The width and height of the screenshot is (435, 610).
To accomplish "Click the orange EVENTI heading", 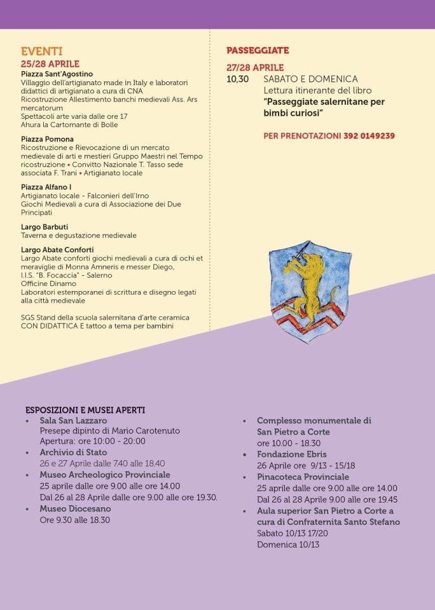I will click(x=41, y=52).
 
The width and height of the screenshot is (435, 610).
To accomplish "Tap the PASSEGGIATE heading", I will click(x=258, y=50).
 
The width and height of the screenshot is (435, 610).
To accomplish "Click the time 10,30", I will click(x=238, y=79).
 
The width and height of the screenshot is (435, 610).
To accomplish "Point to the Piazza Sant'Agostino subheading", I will click(x=57, y=74).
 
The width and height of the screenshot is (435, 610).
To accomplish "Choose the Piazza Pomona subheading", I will click(x=47, y=139).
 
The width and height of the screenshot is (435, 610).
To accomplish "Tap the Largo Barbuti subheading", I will click(x=45, y=227).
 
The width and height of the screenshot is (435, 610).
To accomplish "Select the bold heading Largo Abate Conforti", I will click(x=57, y=250).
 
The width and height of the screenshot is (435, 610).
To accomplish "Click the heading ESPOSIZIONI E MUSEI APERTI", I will click(x=85, y=410).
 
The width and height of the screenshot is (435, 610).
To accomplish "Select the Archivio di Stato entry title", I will click(x=73, y=452).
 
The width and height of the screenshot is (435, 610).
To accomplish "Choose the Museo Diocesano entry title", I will click(x=75, y=508).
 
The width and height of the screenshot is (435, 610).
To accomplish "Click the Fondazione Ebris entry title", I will click(x=291, y=454).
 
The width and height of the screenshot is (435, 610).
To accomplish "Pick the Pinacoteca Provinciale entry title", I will click(x=303, y=477).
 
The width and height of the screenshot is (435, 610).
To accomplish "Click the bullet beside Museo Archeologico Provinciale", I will click(x=27, y=475).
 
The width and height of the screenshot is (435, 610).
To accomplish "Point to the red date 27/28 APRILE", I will click(x=255, y=67).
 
